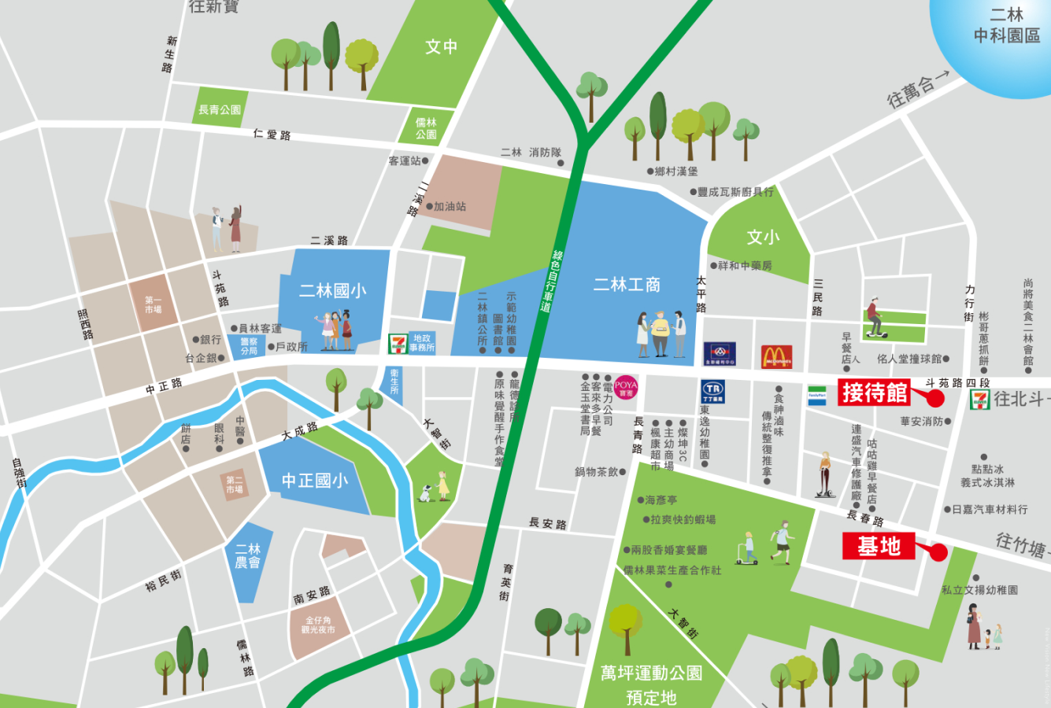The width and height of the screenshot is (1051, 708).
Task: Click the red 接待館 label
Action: coord(874,392)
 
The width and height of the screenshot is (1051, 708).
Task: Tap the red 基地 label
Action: coord(879,546)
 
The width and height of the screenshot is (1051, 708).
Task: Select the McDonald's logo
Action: coord(776,356)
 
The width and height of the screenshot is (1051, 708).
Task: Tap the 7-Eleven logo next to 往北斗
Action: coord(980,399)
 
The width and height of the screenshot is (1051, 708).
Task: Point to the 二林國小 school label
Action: coord(332,291)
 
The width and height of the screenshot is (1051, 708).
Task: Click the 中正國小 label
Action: coord(314,480)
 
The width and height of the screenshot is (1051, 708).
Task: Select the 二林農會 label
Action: coord(248,555)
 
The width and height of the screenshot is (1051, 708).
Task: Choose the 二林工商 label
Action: coord(627,285)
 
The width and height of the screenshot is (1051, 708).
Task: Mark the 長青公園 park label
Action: coord(220,110)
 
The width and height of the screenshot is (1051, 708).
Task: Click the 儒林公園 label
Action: coord(426,128)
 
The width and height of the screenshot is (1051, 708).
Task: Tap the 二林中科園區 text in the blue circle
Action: coord(1006,25)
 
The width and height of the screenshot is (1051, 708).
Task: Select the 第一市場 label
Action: coord(153,304)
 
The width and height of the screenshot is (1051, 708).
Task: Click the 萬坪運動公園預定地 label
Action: coord(650,684)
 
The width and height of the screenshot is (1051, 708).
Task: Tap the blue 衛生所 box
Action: coord(394,382)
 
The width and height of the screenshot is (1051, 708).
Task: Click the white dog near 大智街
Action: coord(425,493)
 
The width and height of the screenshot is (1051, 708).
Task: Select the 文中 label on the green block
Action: coord(441,46)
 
